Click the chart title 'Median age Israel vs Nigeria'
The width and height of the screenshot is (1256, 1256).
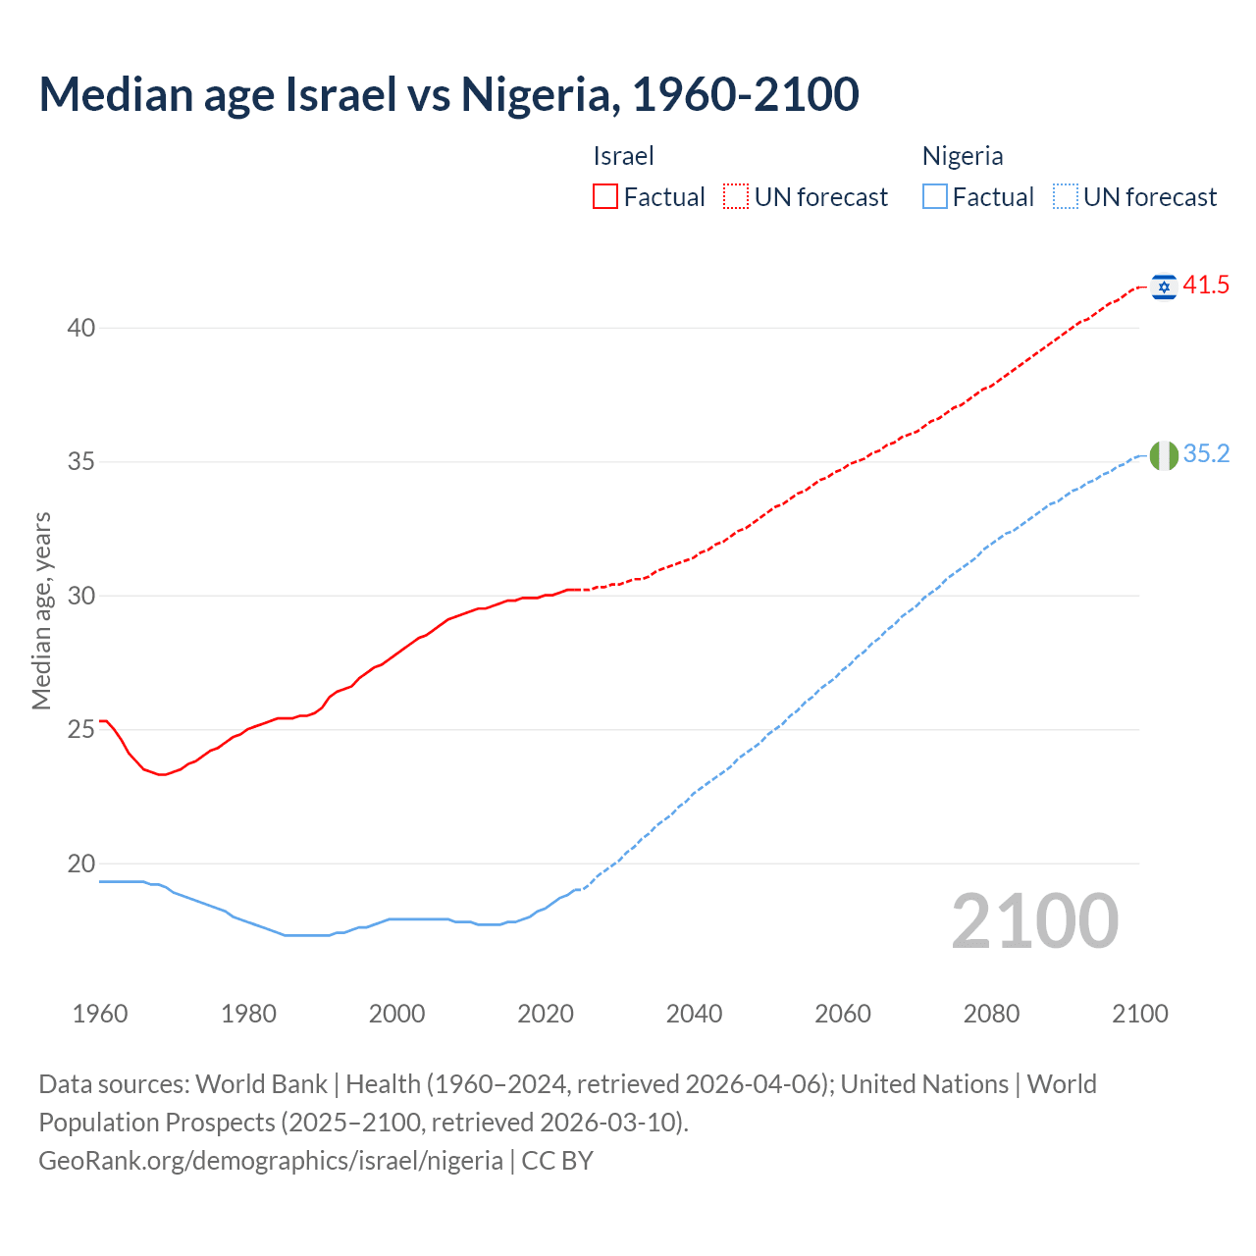(x=448, y=94)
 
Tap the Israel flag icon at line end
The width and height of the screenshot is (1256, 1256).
(x=1164, y=287)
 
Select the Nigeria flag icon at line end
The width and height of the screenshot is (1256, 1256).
(x=1164, y=455)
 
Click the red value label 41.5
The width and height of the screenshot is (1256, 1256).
(x=1206, y=286)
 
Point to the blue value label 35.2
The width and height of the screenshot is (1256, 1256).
(x=1206, y=453)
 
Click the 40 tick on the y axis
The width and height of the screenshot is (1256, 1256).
(x=80, y=328)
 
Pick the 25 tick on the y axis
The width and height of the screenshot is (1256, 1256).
(x=80, y=730)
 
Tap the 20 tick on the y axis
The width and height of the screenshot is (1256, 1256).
(x=80, y=864)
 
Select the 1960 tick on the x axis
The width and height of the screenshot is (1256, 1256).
(x=100, y=1014)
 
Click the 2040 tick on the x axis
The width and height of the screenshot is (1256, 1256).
(x=694, y=1014)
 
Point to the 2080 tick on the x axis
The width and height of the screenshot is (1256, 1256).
(x=991, y=1014)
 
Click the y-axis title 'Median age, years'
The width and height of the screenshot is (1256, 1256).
(x=41, y=610)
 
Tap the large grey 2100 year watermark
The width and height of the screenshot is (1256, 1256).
(x=1034, y=921)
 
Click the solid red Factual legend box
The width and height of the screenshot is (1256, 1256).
(x=605, y=197)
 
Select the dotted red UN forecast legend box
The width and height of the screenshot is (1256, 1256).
(x=736, y=197)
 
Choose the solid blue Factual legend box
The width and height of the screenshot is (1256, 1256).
(x=935, y=197)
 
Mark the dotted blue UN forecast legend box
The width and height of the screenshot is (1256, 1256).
(x=1066, y=197)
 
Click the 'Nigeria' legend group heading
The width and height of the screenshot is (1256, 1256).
(x=962, y=156)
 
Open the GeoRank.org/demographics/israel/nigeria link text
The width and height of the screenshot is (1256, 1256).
(x=271, y=1161)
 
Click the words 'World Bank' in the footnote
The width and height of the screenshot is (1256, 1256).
(x=261, y=1084)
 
